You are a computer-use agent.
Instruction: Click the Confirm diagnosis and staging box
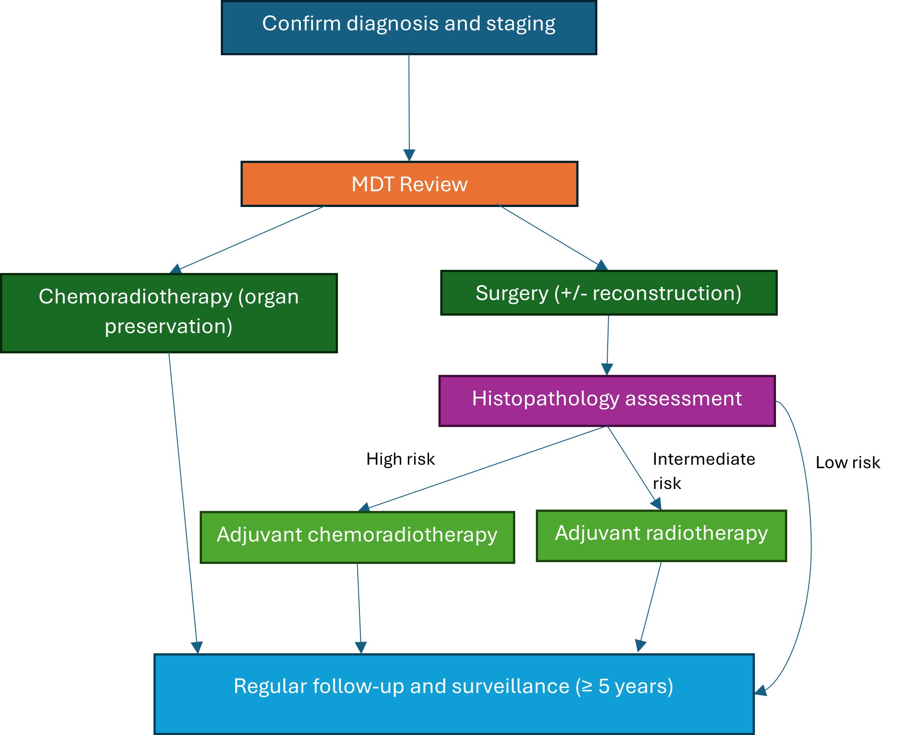point(409,28)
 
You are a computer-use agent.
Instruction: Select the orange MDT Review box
point(409,184)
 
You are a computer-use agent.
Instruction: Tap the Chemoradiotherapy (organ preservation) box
point(169,313)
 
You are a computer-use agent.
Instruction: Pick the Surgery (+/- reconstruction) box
point(609,293)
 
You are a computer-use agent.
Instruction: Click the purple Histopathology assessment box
point(607,401)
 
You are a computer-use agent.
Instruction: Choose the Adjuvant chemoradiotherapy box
point(357,537)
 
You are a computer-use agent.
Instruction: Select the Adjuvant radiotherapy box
point(661,536)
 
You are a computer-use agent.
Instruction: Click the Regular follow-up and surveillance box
point(454,694)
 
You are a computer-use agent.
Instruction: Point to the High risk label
point(400,459)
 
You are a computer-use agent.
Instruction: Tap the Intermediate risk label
point(703,471)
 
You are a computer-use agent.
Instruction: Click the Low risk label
point(847,462)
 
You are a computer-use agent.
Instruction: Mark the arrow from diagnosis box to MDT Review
point(409,108)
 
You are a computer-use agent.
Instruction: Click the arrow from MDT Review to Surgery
point(550,236)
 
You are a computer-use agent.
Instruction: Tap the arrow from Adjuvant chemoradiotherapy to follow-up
point(359,606)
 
